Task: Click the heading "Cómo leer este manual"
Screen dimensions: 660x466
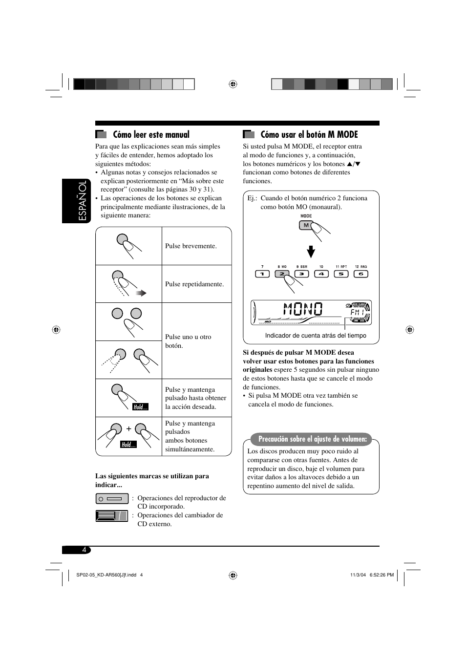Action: (151, 135)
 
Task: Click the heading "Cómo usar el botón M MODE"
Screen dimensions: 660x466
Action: (309, 135)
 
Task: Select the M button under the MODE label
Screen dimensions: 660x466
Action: (306, 226)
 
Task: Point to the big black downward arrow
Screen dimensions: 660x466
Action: (311, 252)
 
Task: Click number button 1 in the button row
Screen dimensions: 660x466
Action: (262, 274)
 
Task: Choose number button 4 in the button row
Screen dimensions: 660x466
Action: (321, 274)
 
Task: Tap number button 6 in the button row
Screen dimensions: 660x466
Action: (360, 274)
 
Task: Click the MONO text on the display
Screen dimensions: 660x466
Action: (303, 309)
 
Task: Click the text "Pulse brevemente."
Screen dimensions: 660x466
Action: (191, 246)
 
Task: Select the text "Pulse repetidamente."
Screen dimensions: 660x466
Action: (194, 284)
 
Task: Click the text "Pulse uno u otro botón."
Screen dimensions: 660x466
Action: (188, 341)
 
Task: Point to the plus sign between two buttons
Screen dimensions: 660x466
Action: (129, 429)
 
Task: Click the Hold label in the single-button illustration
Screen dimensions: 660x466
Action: (141, 407)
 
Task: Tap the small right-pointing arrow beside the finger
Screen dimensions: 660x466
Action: (141, 293)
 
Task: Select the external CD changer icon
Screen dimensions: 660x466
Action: (111, 516)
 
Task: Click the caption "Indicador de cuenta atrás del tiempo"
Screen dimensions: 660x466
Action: (316, 336)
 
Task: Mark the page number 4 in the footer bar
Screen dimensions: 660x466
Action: (84, 550)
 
